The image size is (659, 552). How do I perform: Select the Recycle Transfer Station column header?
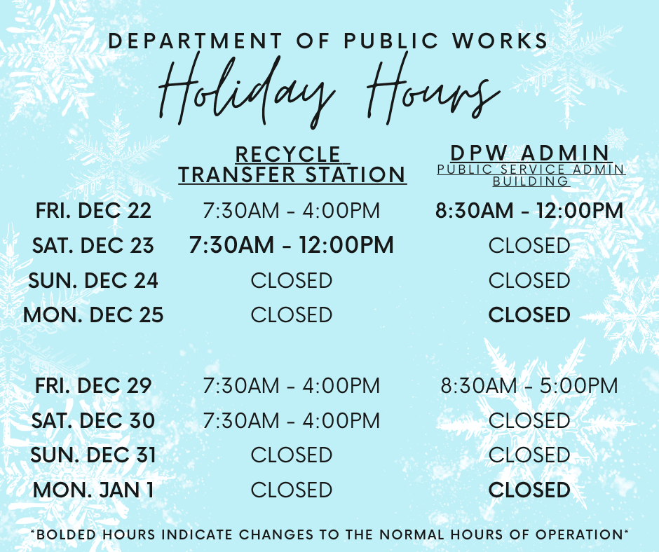(292, 165)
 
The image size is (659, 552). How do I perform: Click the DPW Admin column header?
(530, 153)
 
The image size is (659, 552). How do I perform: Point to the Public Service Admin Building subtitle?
(530, 175)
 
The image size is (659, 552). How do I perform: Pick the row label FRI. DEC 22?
(93, 210)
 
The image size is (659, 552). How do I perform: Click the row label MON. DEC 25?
(93, 315)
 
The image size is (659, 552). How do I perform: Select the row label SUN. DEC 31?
(93, 455)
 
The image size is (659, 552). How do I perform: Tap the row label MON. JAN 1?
(93, 490)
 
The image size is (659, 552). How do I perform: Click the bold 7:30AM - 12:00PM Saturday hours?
(291, 245)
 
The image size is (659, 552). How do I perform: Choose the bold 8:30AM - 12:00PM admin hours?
(529, 210)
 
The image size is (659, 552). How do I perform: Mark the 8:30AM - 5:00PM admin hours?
(529, 385)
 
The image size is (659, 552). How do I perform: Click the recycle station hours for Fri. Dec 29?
(291, 385)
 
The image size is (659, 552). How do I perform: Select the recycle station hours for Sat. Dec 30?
(291, 420)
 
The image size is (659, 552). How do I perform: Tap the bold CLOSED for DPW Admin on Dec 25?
(529, 315)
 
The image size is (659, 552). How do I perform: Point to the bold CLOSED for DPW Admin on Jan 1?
(529, 490)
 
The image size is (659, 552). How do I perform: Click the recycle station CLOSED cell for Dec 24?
(291, 280)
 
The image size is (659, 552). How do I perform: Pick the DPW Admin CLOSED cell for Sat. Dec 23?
(529, 245)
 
